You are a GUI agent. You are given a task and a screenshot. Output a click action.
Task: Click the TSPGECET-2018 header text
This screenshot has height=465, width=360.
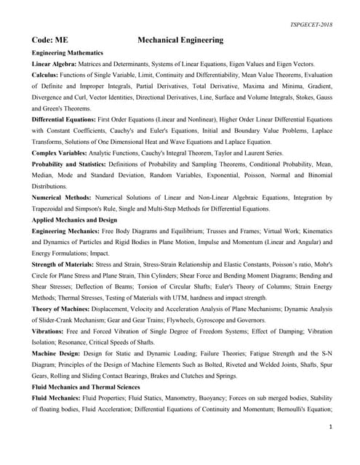pyautogui.click(x=309, y=23)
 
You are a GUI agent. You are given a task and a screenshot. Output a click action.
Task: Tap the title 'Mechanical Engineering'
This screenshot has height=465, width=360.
pyautogui.click(x=180, y=40)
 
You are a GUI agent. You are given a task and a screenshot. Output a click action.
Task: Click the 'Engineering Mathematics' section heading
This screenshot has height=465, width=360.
pyautogui.click(x=68, y=53)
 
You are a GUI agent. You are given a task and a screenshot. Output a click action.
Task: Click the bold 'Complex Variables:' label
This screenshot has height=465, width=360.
pyautogui.click(x=58, y=154)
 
